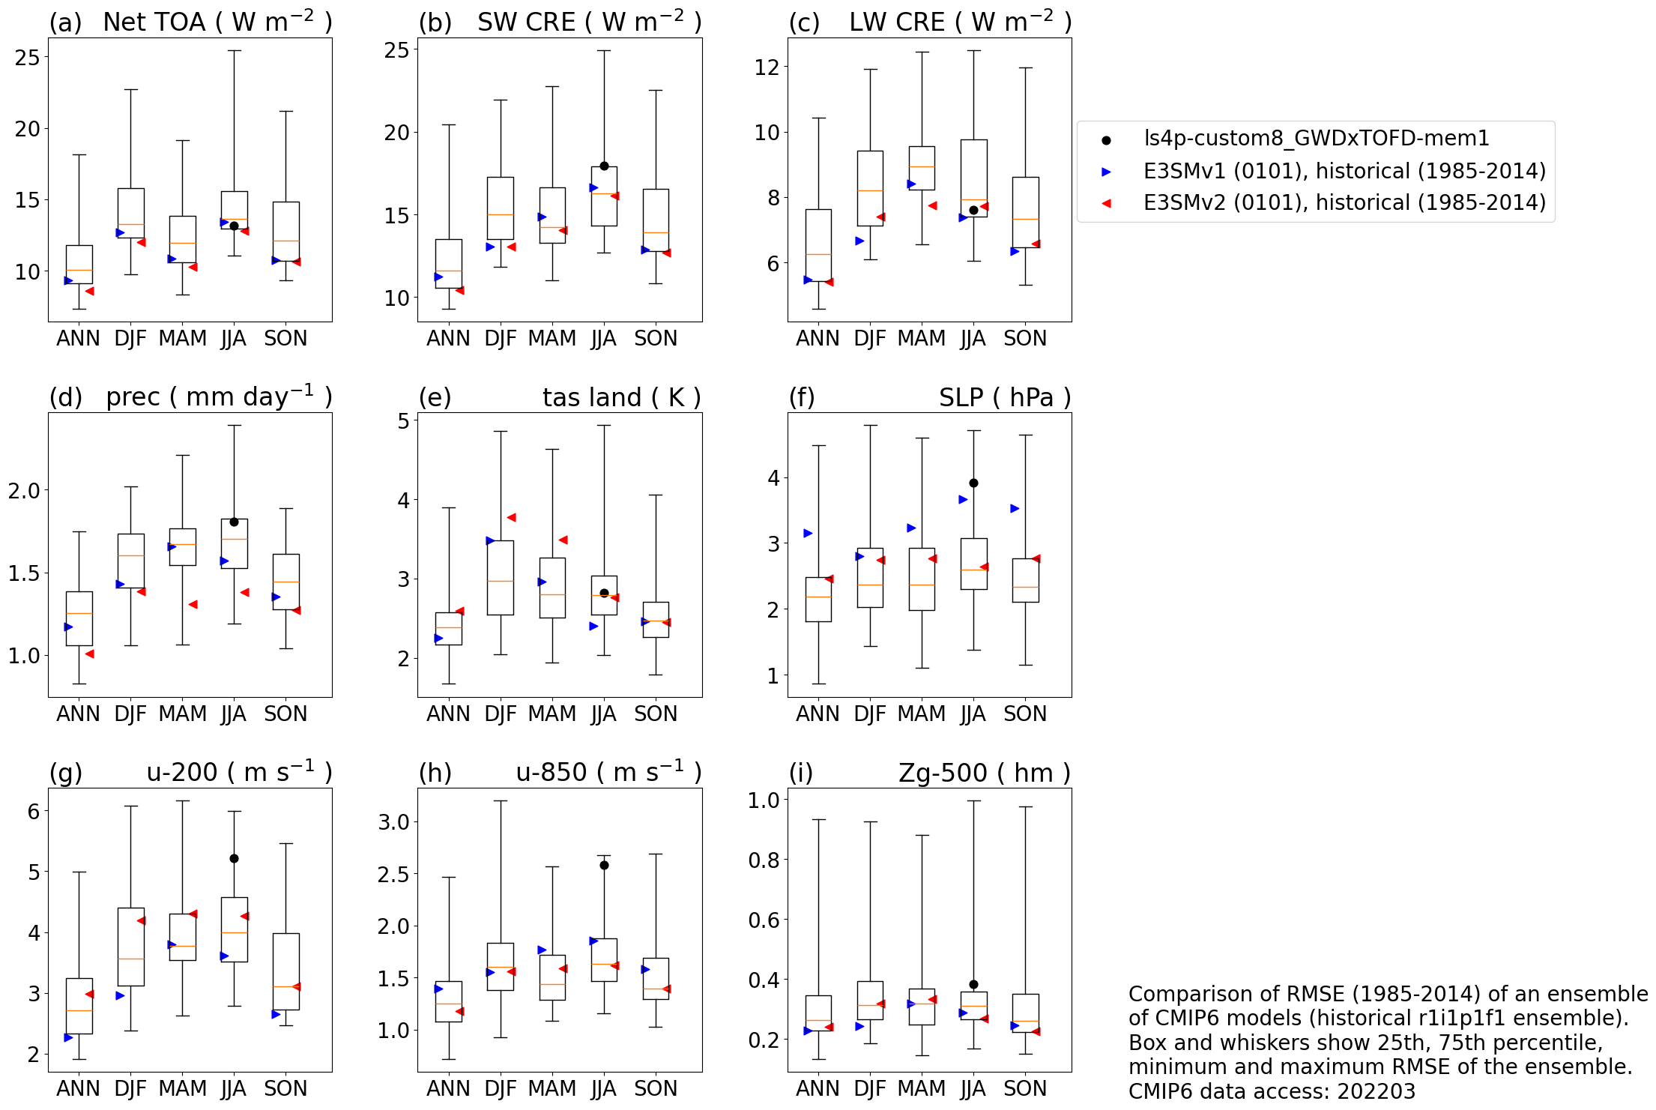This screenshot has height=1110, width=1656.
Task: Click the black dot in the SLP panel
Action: point(973,483)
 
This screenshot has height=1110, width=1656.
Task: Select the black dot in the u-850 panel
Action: point(604,866)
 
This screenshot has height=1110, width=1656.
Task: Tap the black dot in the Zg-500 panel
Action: point(973,985)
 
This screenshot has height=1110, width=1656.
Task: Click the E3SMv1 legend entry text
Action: point(1344,172)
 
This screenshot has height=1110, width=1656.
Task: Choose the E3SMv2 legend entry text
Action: point(1344,203)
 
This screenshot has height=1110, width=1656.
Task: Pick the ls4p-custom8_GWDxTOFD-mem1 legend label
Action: point(1317,139)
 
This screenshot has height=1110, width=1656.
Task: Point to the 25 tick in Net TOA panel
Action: point(28,58)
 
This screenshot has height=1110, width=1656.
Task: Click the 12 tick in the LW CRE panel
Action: point(767,67)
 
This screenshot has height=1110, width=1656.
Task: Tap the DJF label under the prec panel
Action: point(130,714)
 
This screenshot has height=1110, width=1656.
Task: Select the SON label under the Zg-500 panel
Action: point(1025,1089)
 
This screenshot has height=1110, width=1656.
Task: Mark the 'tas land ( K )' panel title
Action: point(621,398)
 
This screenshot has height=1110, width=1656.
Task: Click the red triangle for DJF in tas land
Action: point(511,518)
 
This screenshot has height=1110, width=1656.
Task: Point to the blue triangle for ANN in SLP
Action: point(808,534)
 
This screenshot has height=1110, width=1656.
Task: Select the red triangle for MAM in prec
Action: point(193,605)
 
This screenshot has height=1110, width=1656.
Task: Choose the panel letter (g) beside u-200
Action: point(65,773)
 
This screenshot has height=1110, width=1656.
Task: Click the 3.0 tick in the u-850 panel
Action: point(393,823)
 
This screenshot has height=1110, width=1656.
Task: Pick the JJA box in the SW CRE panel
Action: point(604,196)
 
